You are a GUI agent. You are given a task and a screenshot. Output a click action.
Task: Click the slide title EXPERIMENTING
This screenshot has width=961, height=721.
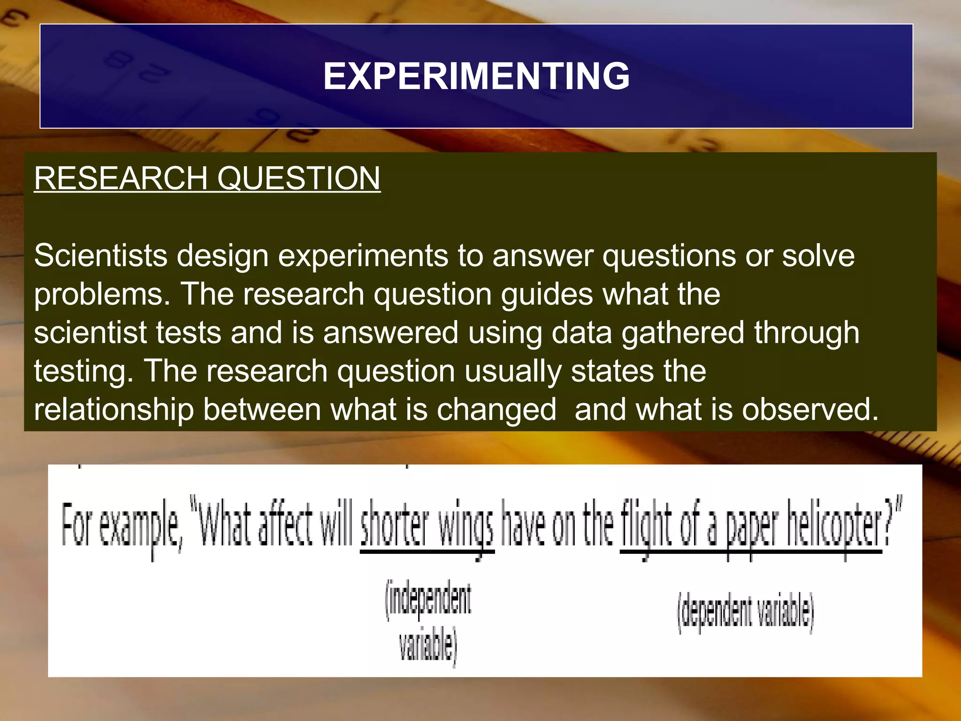coord(476,76)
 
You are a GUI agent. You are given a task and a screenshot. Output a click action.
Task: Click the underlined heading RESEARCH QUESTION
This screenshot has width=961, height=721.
coord(207,178)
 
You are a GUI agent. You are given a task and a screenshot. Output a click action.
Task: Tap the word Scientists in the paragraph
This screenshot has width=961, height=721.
coord(100,256)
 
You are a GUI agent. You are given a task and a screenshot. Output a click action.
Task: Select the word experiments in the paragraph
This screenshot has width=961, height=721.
coord(363,256)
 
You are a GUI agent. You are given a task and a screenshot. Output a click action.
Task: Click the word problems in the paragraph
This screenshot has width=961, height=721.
coord(102,295)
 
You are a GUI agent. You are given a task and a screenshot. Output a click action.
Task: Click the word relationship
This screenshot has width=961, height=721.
coord(114,409)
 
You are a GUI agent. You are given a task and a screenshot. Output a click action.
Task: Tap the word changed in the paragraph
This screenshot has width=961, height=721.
coord(496,409)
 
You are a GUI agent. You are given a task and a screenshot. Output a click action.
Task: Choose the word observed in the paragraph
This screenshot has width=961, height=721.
coord(810,409)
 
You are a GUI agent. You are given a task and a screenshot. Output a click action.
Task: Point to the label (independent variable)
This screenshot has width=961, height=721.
coord(428,622)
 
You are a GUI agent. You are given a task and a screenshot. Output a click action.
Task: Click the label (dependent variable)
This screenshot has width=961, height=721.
coord(745,613)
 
